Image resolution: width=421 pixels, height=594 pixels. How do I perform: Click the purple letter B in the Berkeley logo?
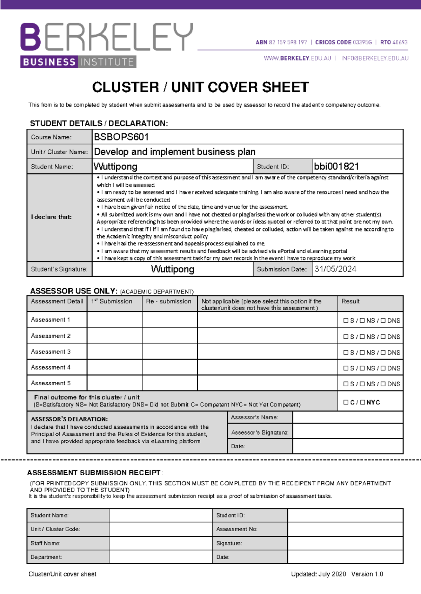click(31, 37)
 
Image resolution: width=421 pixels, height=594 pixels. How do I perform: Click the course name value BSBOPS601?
click(121, 137)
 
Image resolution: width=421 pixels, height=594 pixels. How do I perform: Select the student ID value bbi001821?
click(336, 166)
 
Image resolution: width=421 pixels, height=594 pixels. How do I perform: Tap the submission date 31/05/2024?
click(335, 269)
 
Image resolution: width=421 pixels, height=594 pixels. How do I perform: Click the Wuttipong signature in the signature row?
click(172, 269)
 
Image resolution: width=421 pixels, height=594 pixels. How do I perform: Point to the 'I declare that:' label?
click(51, 217)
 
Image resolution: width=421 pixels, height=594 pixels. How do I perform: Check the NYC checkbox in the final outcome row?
click(363, 402)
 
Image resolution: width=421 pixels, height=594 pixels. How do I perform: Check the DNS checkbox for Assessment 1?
click(383, 320)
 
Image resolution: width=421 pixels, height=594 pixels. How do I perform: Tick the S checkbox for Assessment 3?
click(346, 352)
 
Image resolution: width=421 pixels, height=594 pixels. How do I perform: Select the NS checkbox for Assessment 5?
click(362, 384)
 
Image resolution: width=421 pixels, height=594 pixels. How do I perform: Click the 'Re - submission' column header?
click(169, 302)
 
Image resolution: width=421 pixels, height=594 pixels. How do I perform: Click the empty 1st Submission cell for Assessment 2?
click(114, 336)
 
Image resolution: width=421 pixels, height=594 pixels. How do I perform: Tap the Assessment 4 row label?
click(51, 367)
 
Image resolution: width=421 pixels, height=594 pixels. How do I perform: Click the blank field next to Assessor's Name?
click(347, 417)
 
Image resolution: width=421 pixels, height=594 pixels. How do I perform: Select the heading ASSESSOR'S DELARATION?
click(69, 419)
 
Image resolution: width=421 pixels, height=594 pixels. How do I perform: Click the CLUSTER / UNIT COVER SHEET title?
click(200, 87)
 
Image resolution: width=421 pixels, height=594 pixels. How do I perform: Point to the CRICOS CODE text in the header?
click(333, 42)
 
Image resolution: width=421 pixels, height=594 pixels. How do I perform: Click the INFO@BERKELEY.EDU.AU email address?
click(375, 58)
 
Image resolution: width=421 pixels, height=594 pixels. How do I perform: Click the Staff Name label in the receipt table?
click(45, 543)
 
